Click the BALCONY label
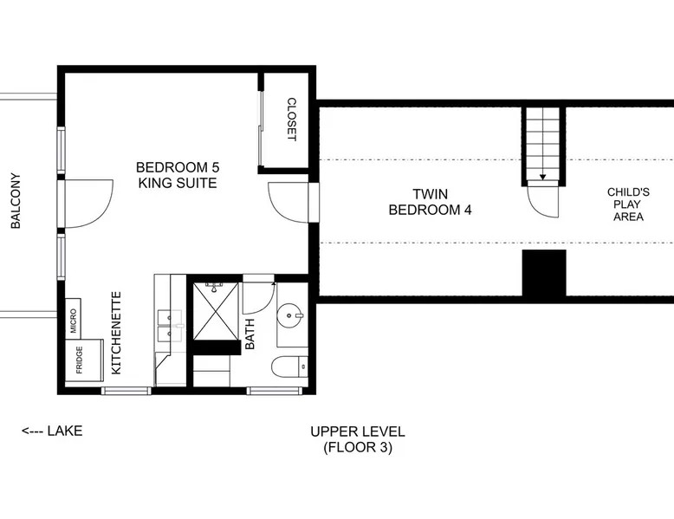click(16, 201)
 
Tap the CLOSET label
click(291, 120)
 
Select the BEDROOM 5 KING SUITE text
click(178, 175)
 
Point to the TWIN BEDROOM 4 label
click(431, 202)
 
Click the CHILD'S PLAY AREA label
click(628, 204)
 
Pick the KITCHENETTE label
click(116, 333)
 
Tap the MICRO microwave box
click(73, 319)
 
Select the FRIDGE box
click(84, 360)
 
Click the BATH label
click(250, 334)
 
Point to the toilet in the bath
click(289, 367)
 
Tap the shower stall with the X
click(216, 311)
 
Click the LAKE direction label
click(52, 431)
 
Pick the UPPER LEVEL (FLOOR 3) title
click(358, 439)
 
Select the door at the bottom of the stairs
click(543, 199)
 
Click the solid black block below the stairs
click(544, 273)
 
